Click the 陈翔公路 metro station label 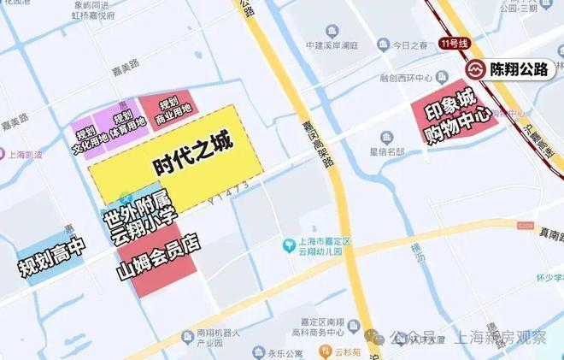pyautogui.click(x=518, y=69)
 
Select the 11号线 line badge pyautogui.click(x=454, y=44)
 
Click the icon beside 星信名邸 pyautogui.click(x=387, y=139)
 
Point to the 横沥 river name pyautogui.click(x=418, y=256)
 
